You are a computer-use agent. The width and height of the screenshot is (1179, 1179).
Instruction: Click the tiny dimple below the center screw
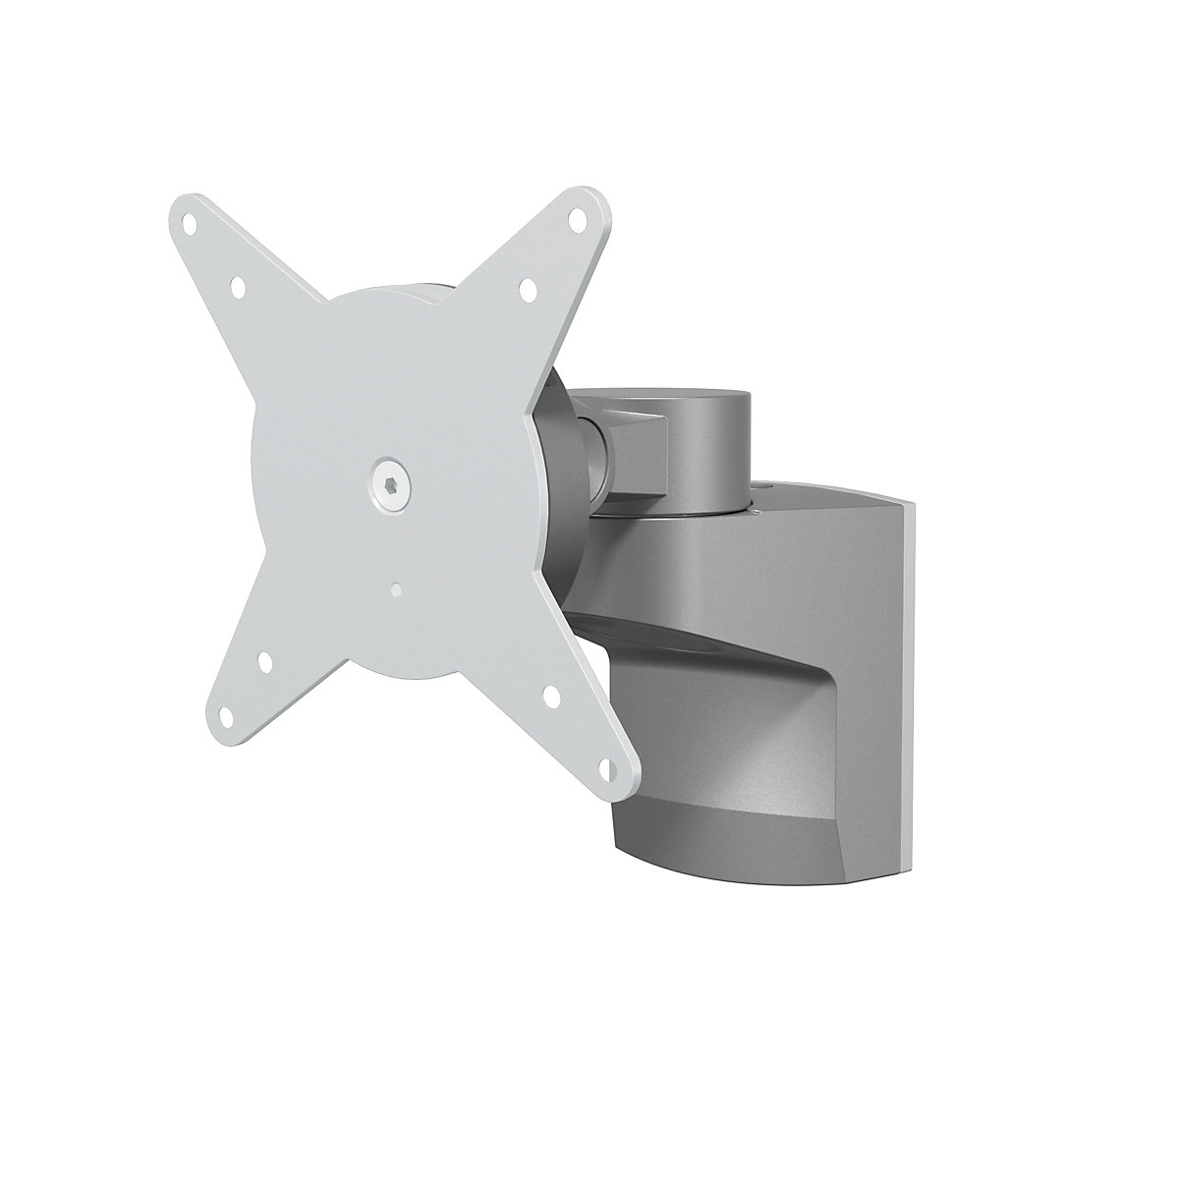[394, 590]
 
